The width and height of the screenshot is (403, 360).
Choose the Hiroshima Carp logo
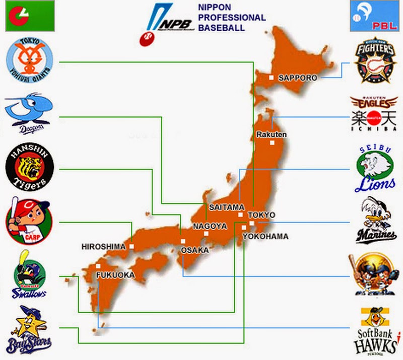pos(28,220)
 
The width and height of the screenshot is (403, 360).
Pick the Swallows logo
pos(28,275)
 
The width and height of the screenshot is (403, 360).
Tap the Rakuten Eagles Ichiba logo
pos(374,114)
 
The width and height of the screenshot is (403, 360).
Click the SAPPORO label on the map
pos(297,78)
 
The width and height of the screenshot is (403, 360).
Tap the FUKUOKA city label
pos(116,275)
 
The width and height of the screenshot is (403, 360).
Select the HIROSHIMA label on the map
pos(103,247)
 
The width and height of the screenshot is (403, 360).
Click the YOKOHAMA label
pos(265,236)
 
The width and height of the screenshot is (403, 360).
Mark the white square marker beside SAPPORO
pos(271,78)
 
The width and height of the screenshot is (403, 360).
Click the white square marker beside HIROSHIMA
pos(131,246)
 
